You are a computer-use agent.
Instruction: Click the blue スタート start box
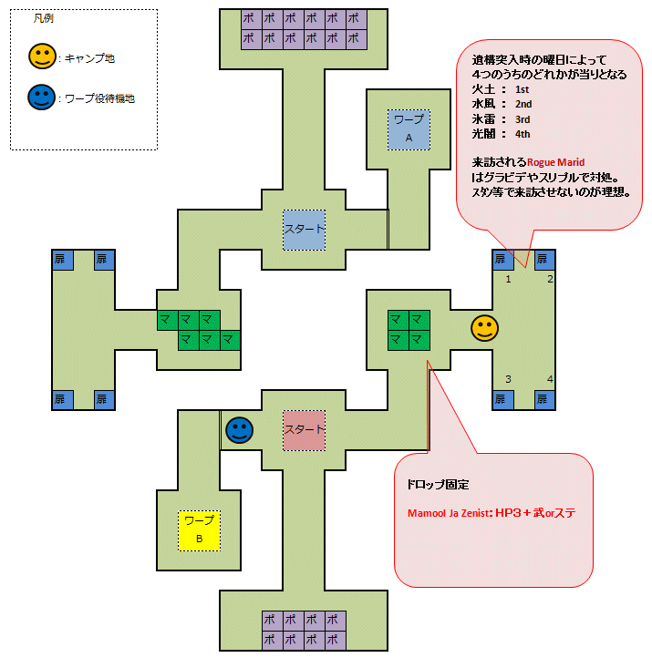pos(305,230)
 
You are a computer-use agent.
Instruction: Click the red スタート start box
pos(305,429)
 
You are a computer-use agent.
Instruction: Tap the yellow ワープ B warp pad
pos(199,529)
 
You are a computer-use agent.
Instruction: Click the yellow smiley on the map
pos(484,328)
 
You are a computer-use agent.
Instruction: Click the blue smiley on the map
pos(240,429)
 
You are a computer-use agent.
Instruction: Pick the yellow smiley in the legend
pos(41,58)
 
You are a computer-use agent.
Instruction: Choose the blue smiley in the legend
pos(41,98)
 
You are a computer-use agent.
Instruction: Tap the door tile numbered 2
pos(545,260)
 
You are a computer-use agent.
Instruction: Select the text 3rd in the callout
pos(523,118)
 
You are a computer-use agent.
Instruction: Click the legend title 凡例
pos(43,18)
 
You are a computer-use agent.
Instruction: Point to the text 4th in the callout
pos(523,134)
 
